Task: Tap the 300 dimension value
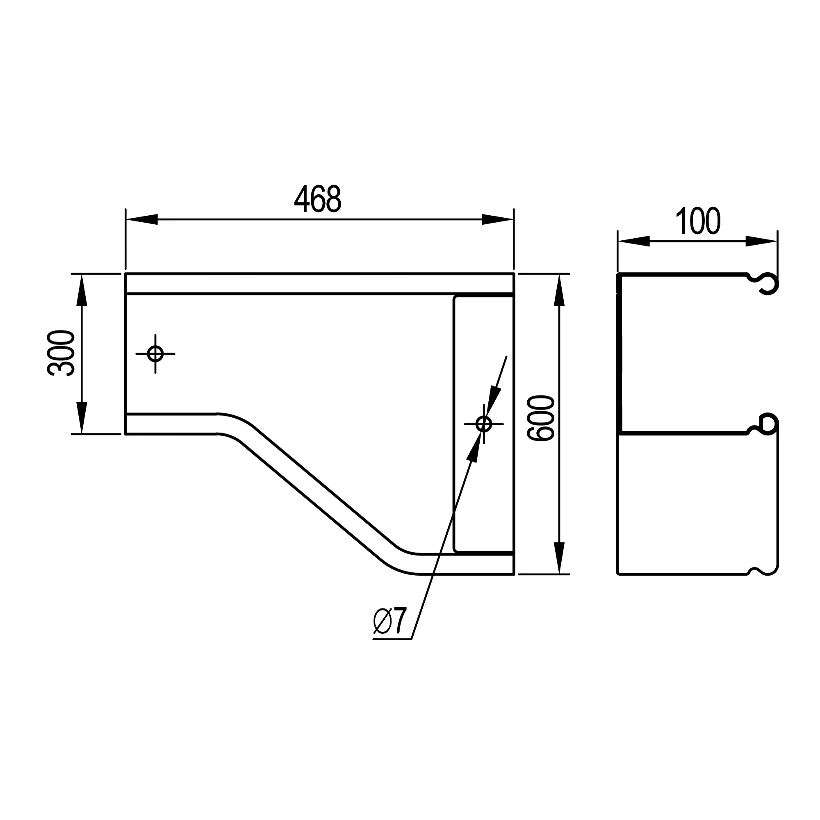61,353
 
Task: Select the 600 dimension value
540,419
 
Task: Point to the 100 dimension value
698,221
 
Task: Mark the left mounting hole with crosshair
155,353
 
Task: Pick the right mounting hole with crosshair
484,424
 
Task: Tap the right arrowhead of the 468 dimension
497,219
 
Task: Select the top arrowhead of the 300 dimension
82,290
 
